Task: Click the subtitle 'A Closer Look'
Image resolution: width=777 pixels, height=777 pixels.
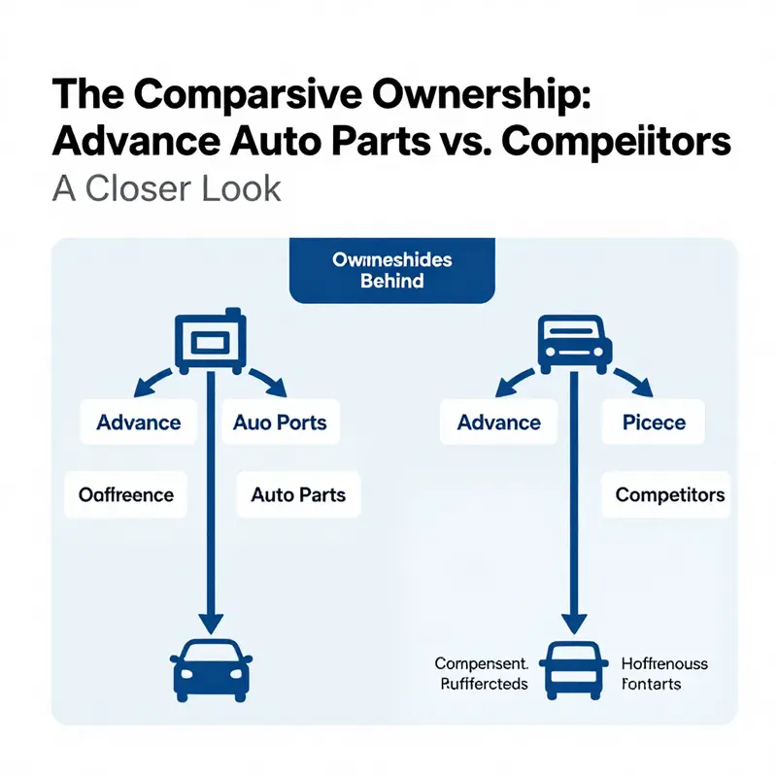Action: (x=166, y=187)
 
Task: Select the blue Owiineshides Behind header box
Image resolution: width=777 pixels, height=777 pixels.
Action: (x=391, y=271)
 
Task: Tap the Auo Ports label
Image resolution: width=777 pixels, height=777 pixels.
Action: (x=280, y=422)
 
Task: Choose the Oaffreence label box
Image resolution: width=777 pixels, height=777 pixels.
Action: (x=126, y=495)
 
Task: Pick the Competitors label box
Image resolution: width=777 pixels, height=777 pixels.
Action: (x=670, y=495)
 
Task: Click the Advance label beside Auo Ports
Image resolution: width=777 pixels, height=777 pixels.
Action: (x=138, y=422)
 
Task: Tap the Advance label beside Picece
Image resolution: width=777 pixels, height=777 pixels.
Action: (x=498, y=422)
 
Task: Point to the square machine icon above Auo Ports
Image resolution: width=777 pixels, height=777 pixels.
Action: (x=211, y=343)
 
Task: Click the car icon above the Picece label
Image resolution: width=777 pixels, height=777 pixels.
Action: (x=574, y=343)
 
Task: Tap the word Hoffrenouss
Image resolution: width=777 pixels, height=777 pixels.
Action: (x=663, y=664)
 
